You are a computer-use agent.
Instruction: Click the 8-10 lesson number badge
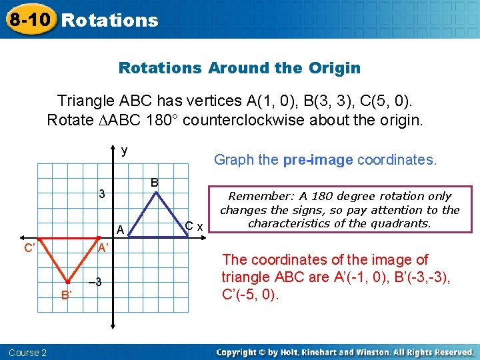[x=29, y=19]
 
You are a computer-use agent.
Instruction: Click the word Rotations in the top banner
[x=110, y=20]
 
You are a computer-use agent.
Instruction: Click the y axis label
[x=124, y=151]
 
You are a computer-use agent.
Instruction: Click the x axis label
[x=200, y=227]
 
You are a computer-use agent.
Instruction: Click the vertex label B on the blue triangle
[x=154, y=182]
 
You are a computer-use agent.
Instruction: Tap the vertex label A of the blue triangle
[x=121, y=229]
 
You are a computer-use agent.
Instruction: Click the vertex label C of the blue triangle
[x=189, y=226]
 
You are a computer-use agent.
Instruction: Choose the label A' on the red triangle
[x=103, y=248]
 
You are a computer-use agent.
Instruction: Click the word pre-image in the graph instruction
[x=318, y=160]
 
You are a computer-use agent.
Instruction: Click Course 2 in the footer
[x=27, y=352]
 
